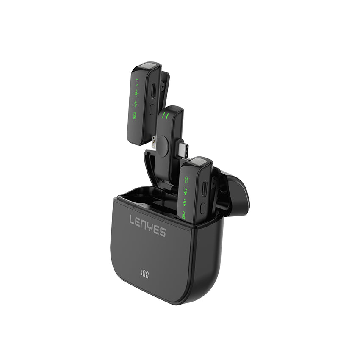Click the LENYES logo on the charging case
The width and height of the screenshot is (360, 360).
click(x=148, y=225)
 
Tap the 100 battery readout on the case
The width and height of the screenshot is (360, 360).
click(x=145, y=274)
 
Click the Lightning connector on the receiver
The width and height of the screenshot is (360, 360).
click(x=154, y=142)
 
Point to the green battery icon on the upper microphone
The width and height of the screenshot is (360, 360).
click(x=135, y=116)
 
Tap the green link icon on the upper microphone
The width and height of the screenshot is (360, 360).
click(x=137, y=82)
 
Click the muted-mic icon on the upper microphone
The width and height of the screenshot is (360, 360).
click(x=136, y=93)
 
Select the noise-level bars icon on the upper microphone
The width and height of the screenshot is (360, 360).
click(x=136, y=104)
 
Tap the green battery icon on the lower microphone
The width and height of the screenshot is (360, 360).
click(x=184, y=215)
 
